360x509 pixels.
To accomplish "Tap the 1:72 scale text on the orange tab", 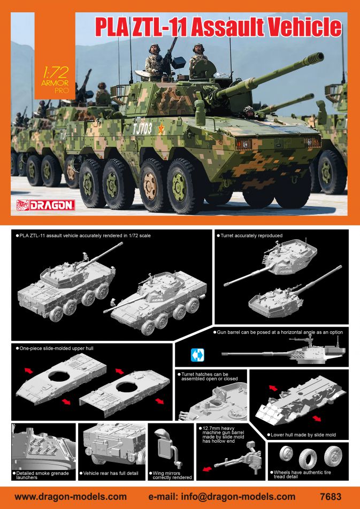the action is pos(55,72).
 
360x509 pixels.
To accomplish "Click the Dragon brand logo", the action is pos(45,205).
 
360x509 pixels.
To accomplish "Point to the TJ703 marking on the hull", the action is pos(142,129).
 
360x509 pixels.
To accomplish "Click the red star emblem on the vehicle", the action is pos(161,128).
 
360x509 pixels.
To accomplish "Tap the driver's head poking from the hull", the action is pos(249,111).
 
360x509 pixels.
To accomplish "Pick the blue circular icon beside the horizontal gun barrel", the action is pos(197,355).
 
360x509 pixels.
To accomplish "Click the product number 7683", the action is pos(330,497).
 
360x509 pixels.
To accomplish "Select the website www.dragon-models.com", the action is pos(71,497).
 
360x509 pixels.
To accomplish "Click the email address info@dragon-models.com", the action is pos(237,497).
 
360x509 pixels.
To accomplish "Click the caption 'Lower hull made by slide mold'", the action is pos(301,435).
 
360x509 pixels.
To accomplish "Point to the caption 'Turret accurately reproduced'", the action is pos(249,235).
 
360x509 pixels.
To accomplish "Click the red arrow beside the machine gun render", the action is pos(207,468).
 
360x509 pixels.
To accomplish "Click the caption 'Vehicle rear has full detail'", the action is pos(110,473).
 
